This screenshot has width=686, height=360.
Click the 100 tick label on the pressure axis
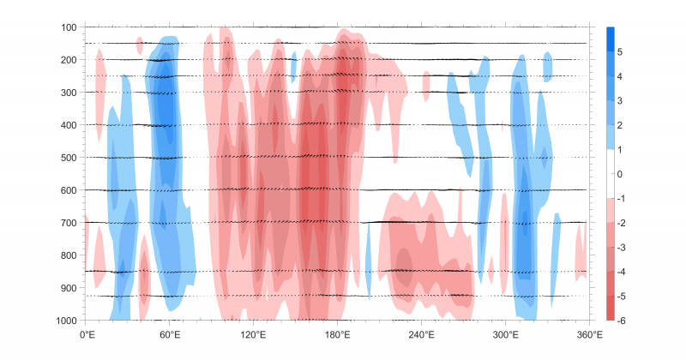tap(69, 27)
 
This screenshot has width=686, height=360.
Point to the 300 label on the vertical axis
tap(69, 93)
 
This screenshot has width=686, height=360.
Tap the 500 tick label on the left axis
tap(69, 158)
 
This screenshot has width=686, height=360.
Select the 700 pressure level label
tap(69, 223)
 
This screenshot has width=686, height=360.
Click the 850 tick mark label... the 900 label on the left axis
tap(69, 288)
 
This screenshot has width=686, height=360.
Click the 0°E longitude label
tap(87, 334)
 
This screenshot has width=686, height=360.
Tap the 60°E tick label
tap(170, 334)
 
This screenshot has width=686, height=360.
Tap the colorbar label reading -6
tap(622, 321)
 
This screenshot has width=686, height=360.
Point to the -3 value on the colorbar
tap(622, 247)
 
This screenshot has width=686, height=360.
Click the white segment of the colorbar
tap(611, 174)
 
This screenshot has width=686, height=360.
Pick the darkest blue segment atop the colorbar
tap(611, 39)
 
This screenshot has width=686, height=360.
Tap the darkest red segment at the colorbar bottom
tap(611, 309)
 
